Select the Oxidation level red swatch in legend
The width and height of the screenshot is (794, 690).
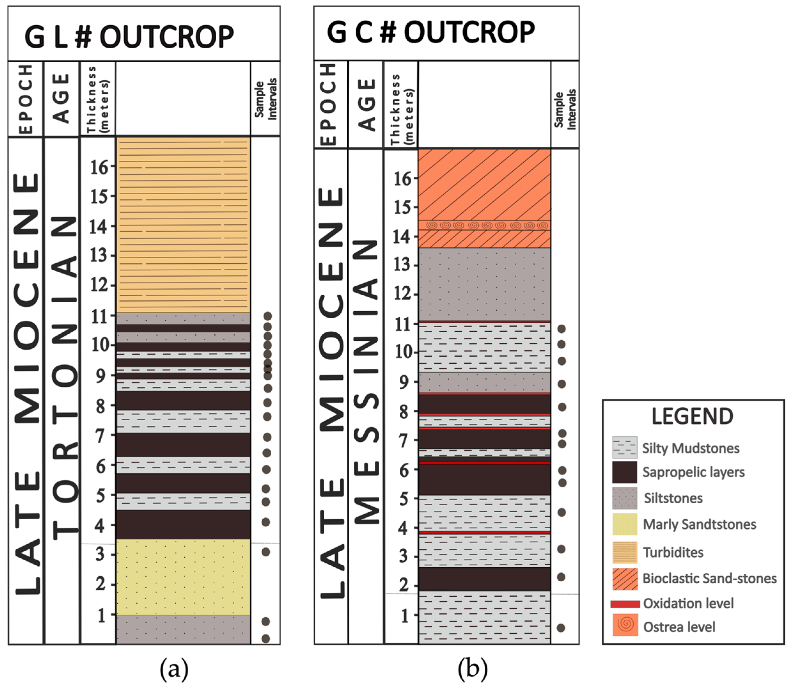(625, 604)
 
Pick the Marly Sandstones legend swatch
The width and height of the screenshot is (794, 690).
(625, 524)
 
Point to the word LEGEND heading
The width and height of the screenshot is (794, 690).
(692, 417)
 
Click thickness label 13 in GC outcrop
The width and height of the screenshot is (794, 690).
(402, 265)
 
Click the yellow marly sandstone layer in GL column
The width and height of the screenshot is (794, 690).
(183, 577)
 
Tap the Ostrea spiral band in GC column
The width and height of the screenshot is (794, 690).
(484, 225)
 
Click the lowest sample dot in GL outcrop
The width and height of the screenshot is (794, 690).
(266, 639)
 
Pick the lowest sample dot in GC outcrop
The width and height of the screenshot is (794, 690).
(561, 628)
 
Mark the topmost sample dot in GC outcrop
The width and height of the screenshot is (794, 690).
(561, 329)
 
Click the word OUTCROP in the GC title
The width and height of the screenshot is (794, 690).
(469, 32)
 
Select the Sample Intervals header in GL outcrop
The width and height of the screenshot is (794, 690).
(266, 99)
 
